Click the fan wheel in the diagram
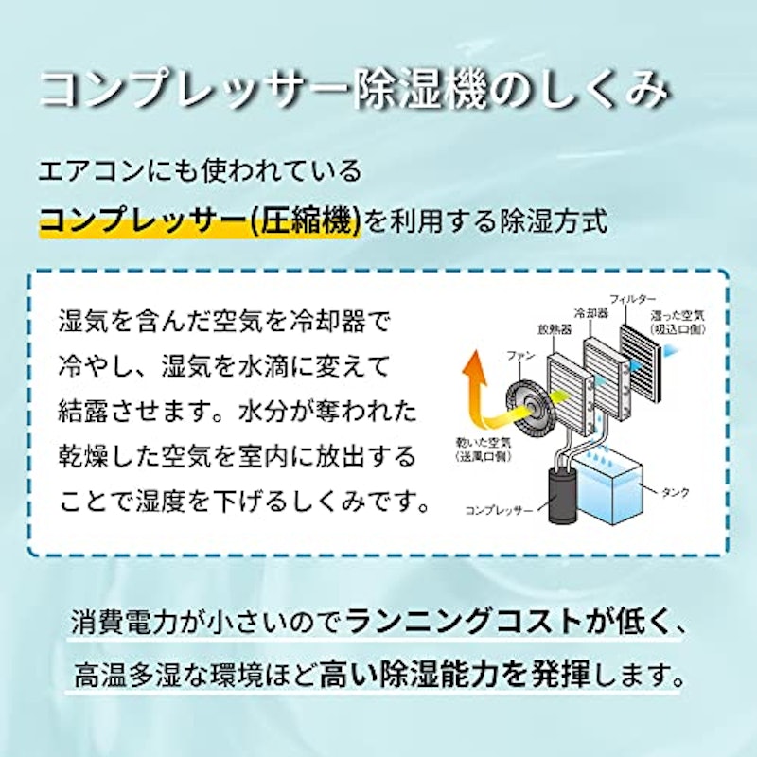pyautogui.click(x=529, y=410)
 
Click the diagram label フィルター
pyautogui.click(x=632, y=300)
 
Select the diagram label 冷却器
pyautogui.click(x=590, y=313)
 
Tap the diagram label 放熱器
pyautogui.click(x=555, y=329)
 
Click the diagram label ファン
pyautogui.click(x=520, y=356)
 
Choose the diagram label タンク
pyautogui.click(x=675, y=492)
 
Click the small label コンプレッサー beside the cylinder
pyautogui.click(x=499, y=510)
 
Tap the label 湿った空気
pyautogui.click(x=678, y=316)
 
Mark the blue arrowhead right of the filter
pyautogui.click(x=671, y=351)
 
